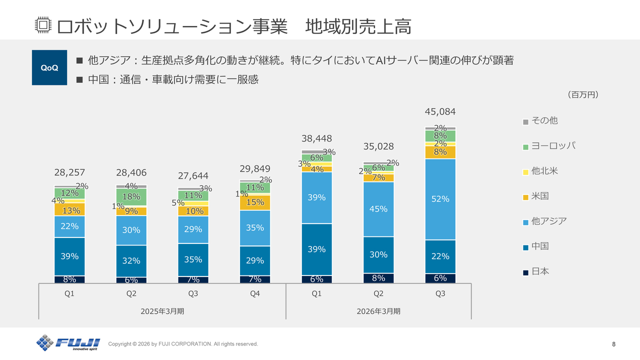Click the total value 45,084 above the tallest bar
tap(440, 111)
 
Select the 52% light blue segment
tap(440, 199)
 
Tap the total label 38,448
tap(316, 138)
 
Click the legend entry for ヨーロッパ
tap(549, 145)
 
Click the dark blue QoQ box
tap(49, 67)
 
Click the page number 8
tap(613, 344)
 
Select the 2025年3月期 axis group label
tap(162, 311)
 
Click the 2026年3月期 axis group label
tap(378, 311)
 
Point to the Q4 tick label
tap(255, 294)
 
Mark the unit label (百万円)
tap(583, 94)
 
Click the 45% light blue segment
tap(378, 209)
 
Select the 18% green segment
tap(131, 196)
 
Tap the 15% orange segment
tap(255, 202)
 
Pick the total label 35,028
tap(378, 146)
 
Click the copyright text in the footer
tap(183, 344)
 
